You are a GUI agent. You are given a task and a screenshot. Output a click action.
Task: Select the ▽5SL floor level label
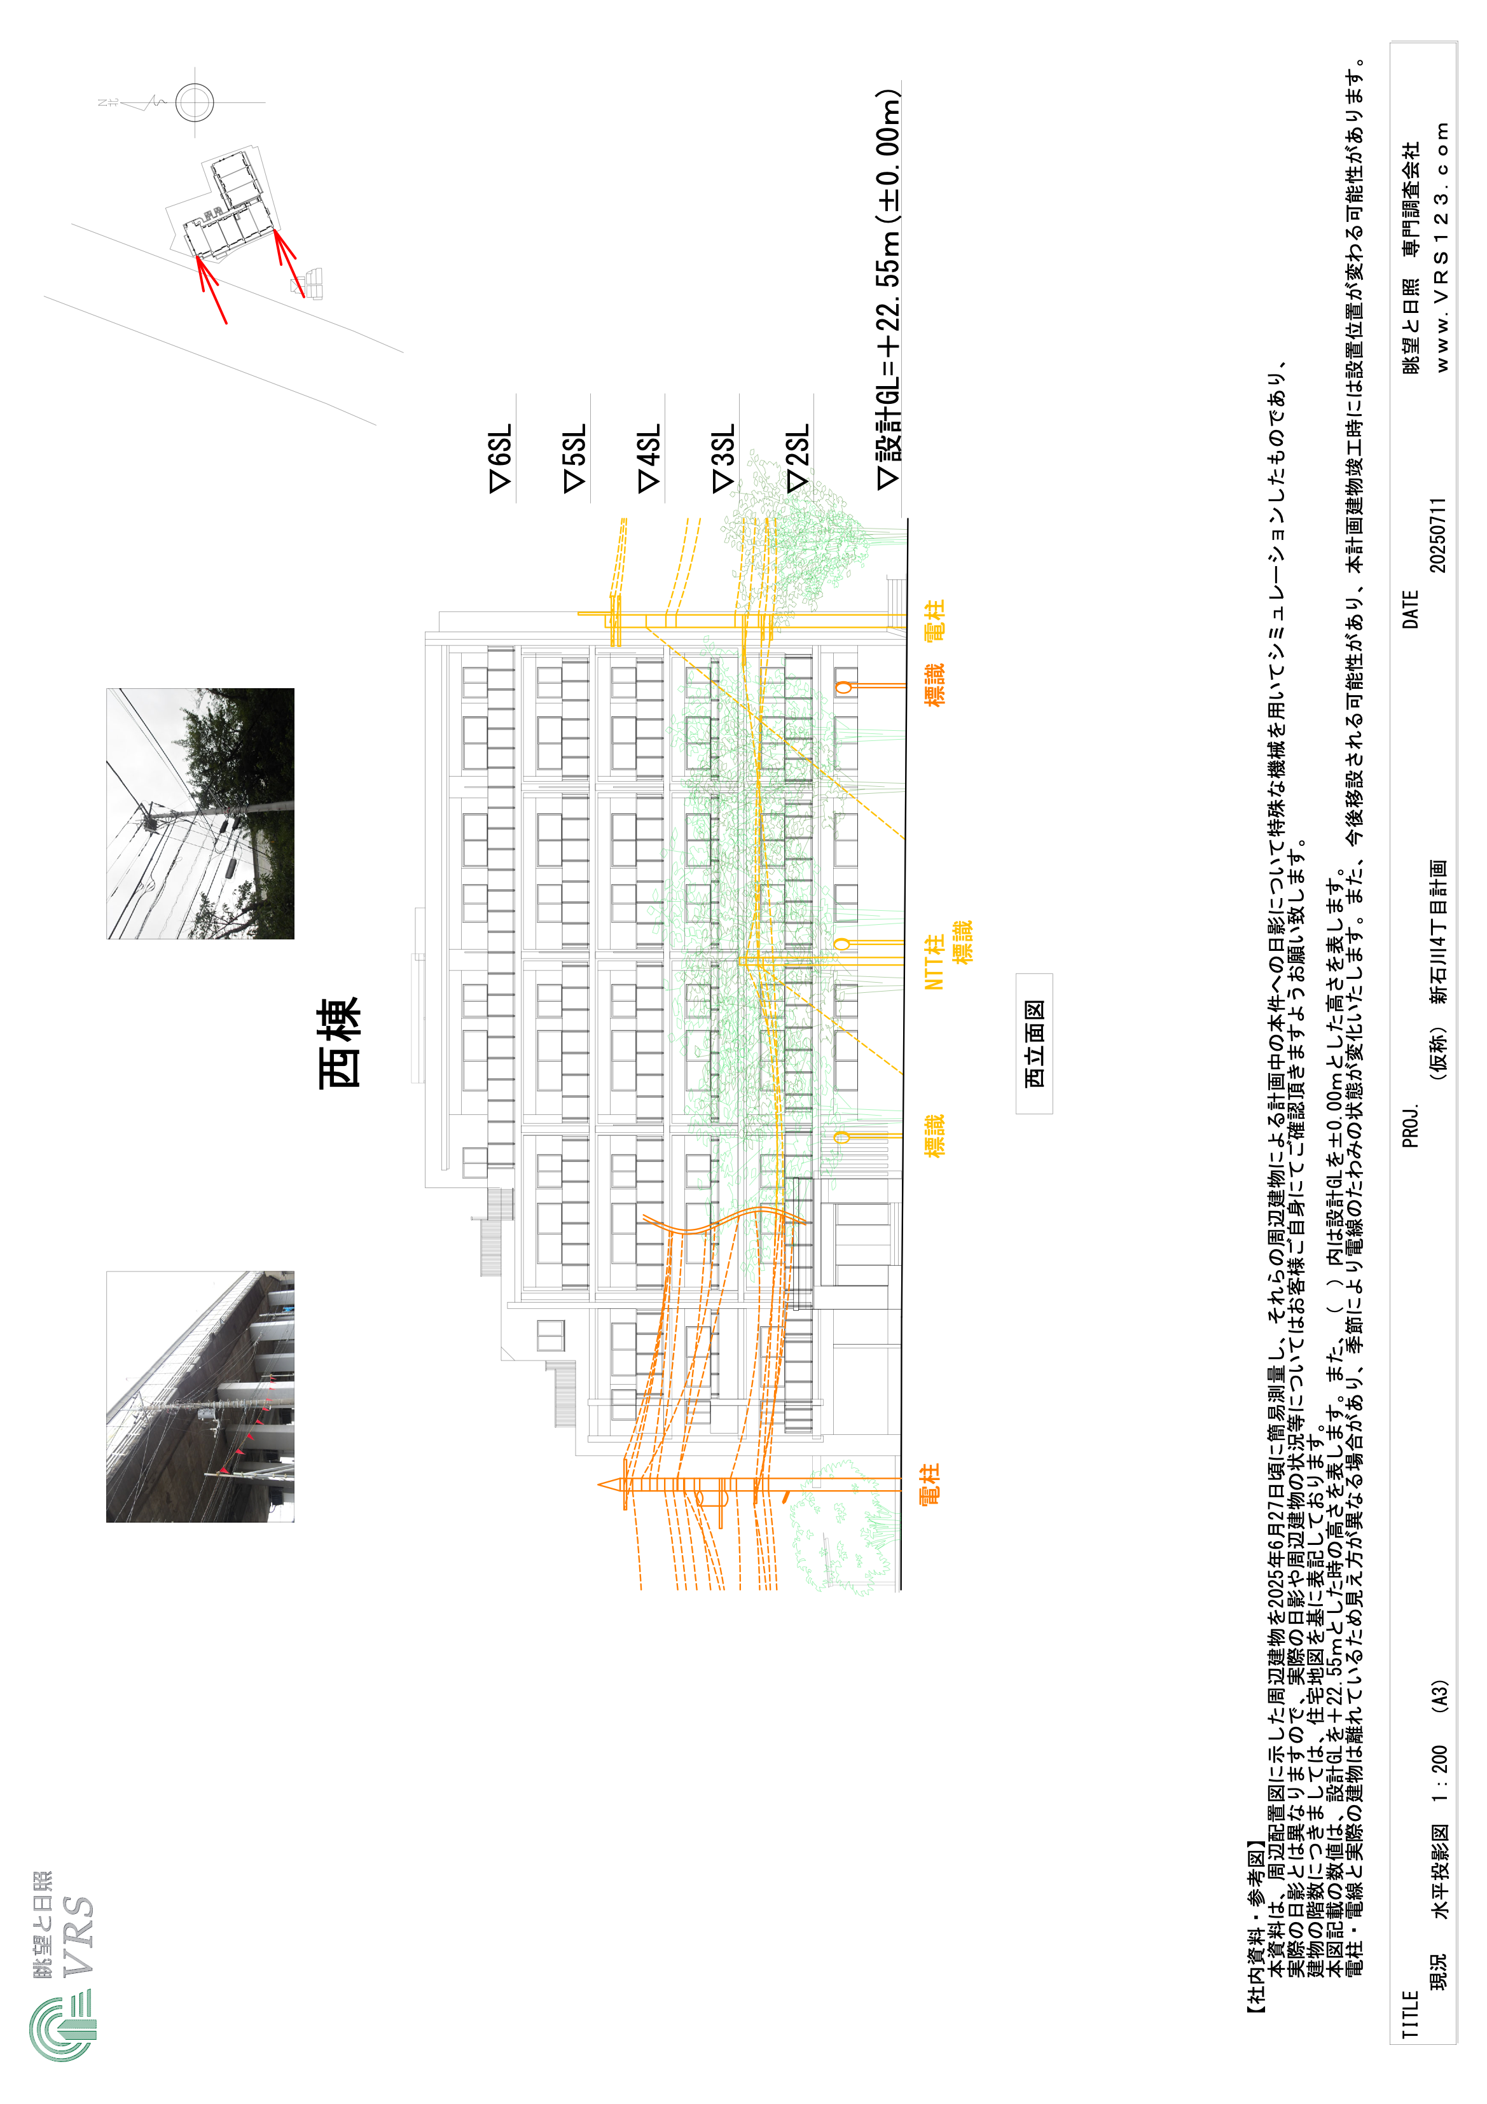574,458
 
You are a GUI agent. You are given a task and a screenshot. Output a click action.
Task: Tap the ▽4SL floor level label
649,457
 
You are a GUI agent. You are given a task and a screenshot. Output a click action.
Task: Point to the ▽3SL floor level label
724,457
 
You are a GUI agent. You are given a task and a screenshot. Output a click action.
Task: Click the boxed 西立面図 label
1034,1043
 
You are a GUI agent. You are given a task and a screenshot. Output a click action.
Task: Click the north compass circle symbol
194,102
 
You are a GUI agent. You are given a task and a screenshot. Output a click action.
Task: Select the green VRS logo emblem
62,2029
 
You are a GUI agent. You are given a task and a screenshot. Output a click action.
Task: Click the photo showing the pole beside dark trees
200,813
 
